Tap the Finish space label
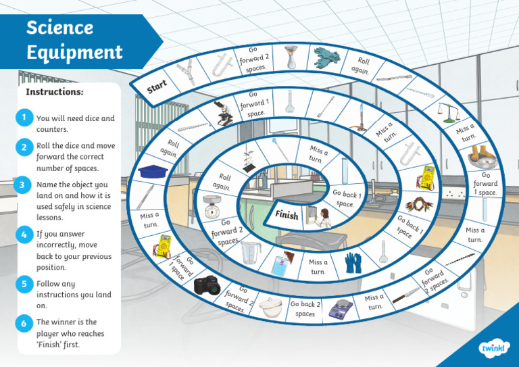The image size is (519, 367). pos(287,216)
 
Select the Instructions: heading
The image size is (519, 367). pos(55,91)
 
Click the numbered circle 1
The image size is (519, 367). pos(24,118)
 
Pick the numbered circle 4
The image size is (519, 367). pos(24,235)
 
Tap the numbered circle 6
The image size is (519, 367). pos(24,323)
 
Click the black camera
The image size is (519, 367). pos(207,285)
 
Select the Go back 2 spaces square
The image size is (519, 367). pos(305,308)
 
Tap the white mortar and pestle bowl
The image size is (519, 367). pos(270,305)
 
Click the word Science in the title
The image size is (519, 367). pos(59,28)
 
